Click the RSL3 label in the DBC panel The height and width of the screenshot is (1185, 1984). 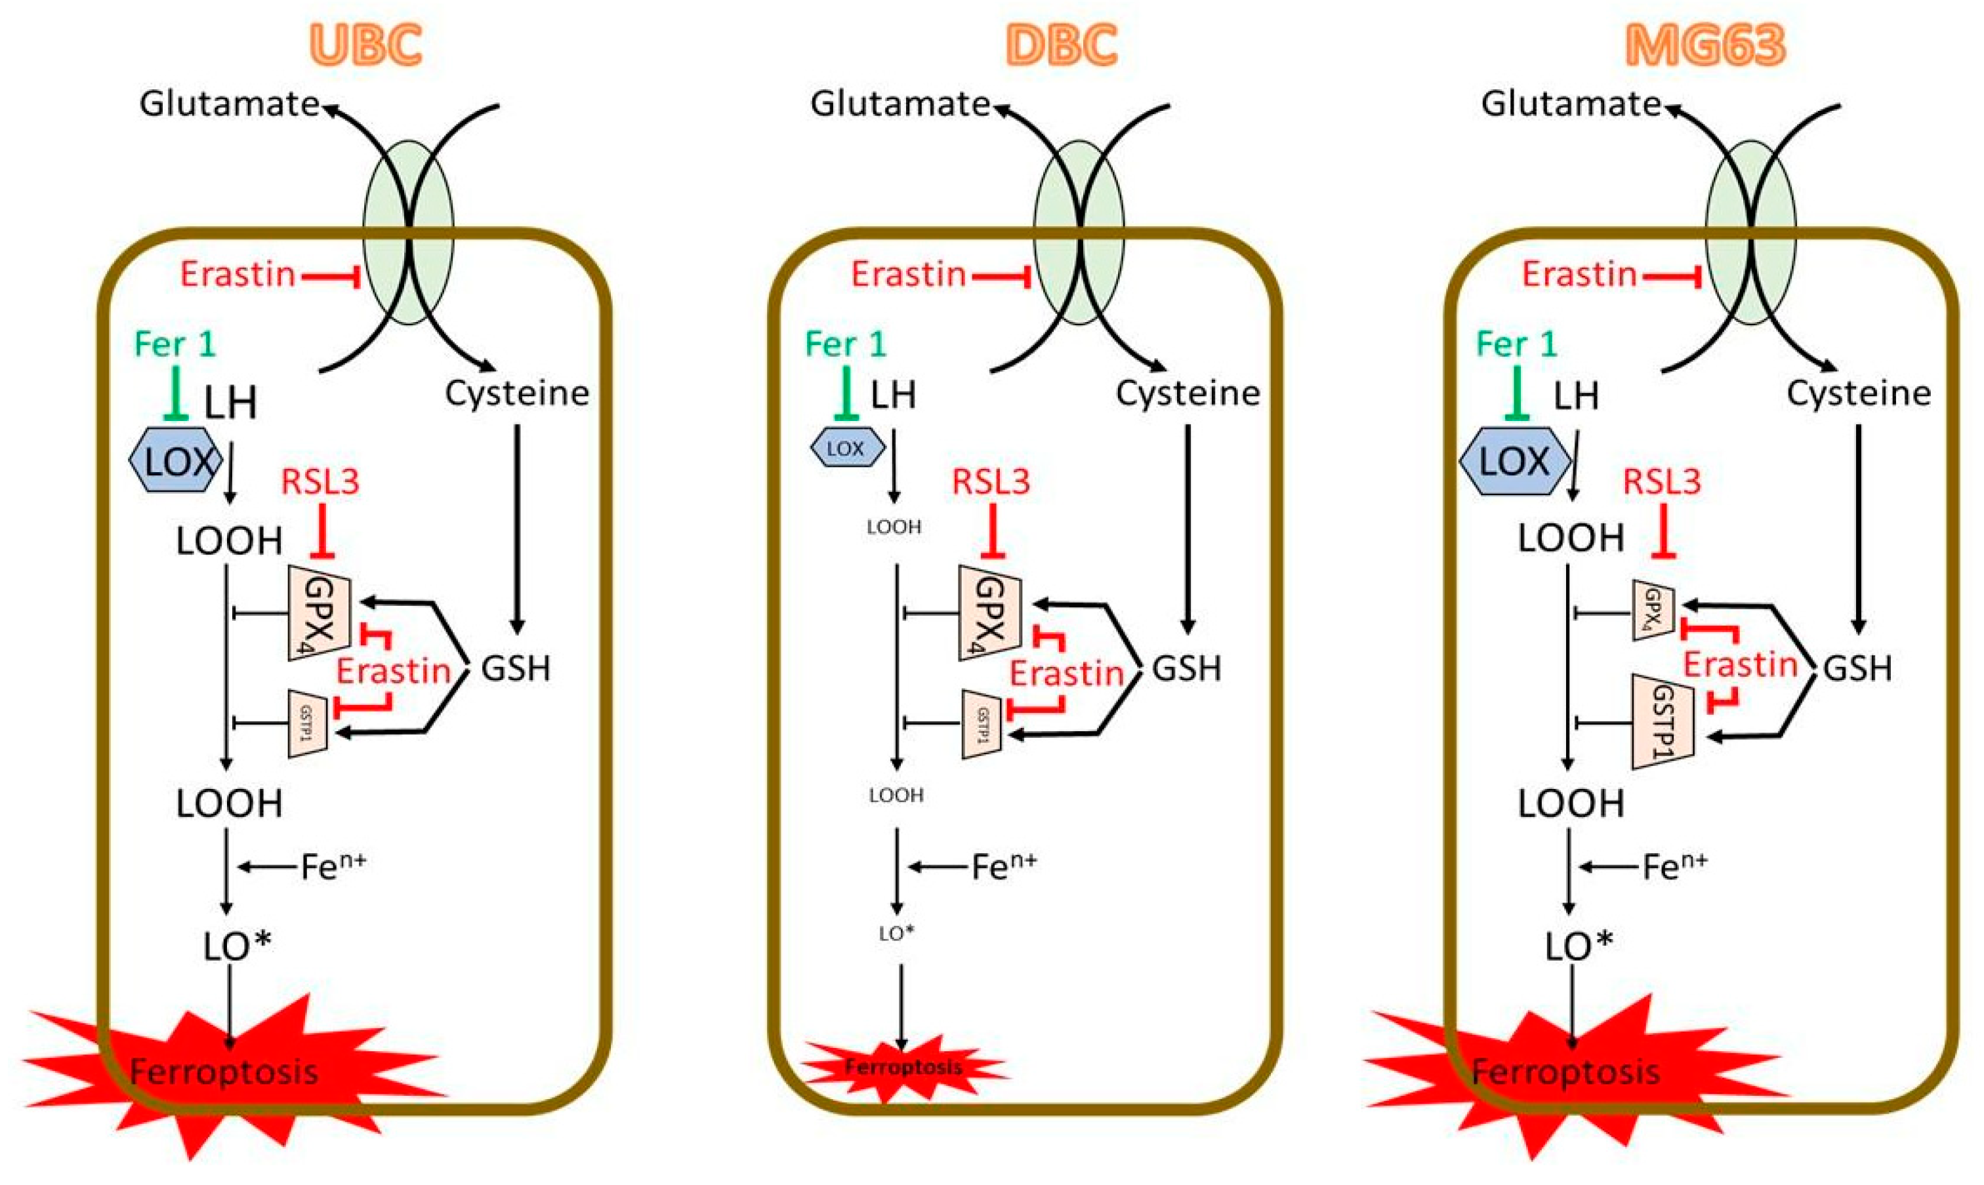(991, 481)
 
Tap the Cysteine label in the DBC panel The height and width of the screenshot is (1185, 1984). (1188, 393)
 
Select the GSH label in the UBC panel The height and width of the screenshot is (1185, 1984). (516, 668)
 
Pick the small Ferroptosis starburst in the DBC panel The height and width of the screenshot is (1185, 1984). (903, 1068)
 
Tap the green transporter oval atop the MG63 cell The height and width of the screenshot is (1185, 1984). (1751, 231)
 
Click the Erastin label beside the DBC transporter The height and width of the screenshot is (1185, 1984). (908, 275)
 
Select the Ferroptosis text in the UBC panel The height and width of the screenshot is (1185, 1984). (224, 1072)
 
